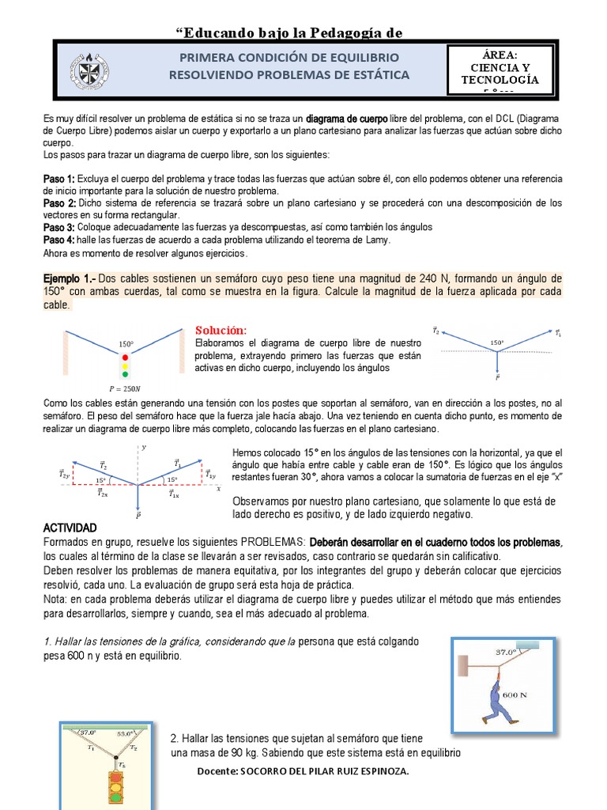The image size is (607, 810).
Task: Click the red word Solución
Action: click(221, 329)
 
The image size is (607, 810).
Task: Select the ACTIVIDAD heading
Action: click(70, 528)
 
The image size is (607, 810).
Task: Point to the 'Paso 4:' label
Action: click(58, 240)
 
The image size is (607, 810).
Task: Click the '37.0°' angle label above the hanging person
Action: click(506, 653)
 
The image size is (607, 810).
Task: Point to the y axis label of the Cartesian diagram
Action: click(145, 448)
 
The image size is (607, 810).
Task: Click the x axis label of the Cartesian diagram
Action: click(217, 489)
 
